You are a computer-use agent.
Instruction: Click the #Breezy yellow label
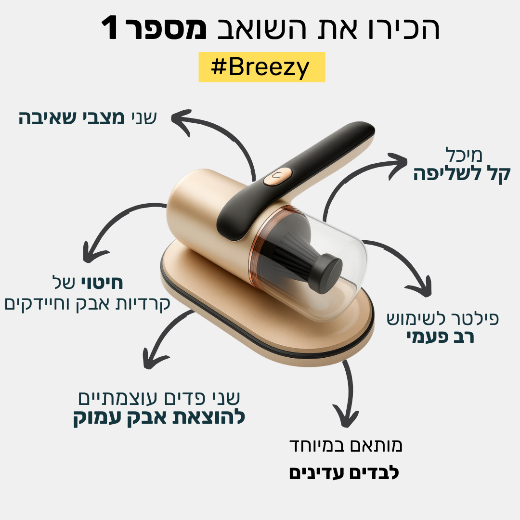pos(261,67)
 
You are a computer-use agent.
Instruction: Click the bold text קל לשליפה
pos(462,174)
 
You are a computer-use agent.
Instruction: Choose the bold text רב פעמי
pos(439,337)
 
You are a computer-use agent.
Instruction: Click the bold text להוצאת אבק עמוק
pos(159,417)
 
